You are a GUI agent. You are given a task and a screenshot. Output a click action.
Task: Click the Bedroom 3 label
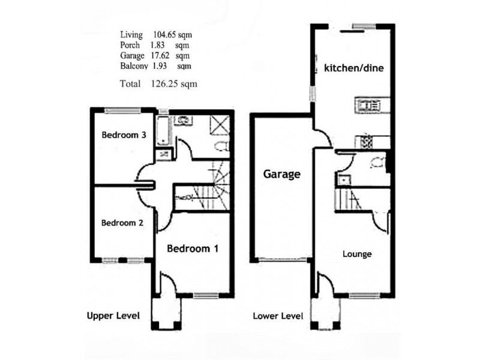coord(124,135)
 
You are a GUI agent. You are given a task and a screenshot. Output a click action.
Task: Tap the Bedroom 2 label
coord(122,223)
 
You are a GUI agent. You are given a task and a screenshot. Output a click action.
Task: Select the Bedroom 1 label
coord(192,248)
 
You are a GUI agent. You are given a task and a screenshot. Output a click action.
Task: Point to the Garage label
coord(281,175)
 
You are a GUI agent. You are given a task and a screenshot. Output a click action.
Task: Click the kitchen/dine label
coord(353,68)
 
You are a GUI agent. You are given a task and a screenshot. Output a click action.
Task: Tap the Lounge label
coord(357,254)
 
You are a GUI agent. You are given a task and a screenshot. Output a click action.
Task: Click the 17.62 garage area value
coord(161,55)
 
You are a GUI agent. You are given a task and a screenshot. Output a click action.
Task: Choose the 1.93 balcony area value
coord(159,65)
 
